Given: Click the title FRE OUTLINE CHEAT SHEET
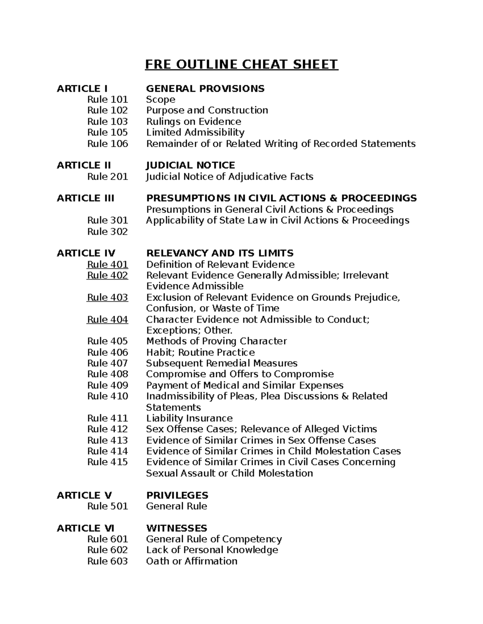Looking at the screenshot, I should tap(242, 64).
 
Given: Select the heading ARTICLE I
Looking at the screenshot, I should tap(82, 88).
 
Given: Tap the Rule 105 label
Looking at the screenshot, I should tap(107, 133).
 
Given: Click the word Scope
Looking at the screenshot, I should tap(161, 100).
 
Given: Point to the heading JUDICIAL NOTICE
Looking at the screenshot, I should tap(190, 165).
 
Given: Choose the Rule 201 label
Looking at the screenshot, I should tap(107, 177).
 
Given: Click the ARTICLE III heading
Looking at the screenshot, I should tap(85, 198).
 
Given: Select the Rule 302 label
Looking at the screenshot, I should tap(107, 231).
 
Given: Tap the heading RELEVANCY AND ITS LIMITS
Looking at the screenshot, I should tap(219, 253).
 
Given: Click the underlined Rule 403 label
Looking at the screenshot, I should tap(107, 297).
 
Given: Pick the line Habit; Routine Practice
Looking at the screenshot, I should tap(200, 352).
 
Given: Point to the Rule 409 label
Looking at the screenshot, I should tap(107, 385).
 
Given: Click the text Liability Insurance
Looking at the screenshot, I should tap(189, 418).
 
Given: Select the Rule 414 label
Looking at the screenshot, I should tap(107, 451).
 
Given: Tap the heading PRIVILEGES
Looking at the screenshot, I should tap(177, 495).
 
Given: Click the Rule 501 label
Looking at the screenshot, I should tap(107, 506).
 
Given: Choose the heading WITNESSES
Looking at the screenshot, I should tap(176, 528).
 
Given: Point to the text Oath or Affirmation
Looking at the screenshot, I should tap(192, 561).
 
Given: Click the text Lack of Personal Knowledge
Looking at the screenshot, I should tap(212, 550).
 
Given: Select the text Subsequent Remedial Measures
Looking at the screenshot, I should tap(221, 363).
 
